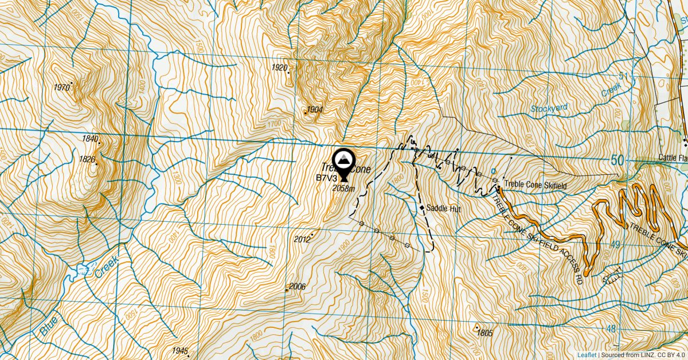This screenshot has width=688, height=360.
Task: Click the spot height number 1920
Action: click(x=279, y=68)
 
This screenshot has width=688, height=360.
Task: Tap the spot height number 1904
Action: click(x=315, y=109)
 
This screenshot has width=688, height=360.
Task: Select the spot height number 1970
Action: click(x=61, y=88)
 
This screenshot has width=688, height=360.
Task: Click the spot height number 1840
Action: click(x=91, y=139)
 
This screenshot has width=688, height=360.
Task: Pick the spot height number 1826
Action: click(x=87, y=159)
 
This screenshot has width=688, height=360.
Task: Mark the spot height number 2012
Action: click(x=302, y=239)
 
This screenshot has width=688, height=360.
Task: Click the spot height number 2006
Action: click(x=297, y=287)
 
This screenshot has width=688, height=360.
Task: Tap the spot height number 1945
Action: click(x=179, y=350)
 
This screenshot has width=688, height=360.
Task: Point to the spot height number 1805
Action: click(x=484, y=332)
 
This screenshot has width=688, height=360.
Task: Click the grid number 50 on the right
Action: click(x=616, y=161)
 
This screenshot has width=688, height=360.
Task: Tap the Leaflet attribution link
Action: click(x=587, y=355)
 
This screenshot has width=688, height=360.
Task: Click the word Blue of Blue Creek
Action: click(x=49, y=327)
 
